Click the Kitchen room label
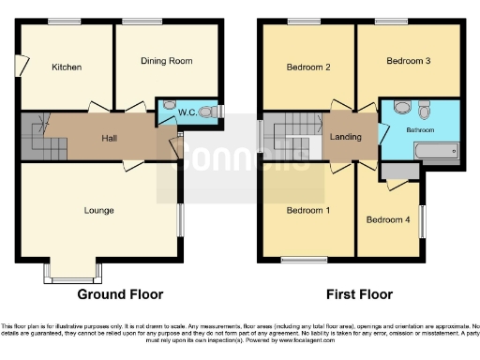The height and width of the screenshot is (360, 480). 67,67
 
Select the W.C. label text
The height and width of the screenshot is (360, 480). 187,113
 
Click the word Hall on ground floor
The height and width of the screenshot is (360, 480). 111,139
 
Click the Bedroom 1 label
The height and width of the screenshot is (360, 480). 307,210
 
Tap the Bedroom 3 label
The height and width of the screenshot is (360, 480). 408,61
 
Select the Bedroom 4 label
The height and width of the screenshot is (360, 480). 388,220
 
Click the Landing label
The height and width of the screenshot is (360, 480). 346,138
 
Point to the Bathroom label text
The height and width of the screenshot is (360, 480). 419,128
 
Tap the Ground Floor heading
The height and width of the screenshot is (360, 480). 120,294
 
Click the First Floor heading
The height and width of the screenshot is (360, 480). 354,294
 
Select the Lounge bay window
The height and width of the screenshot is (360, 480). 72,274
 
